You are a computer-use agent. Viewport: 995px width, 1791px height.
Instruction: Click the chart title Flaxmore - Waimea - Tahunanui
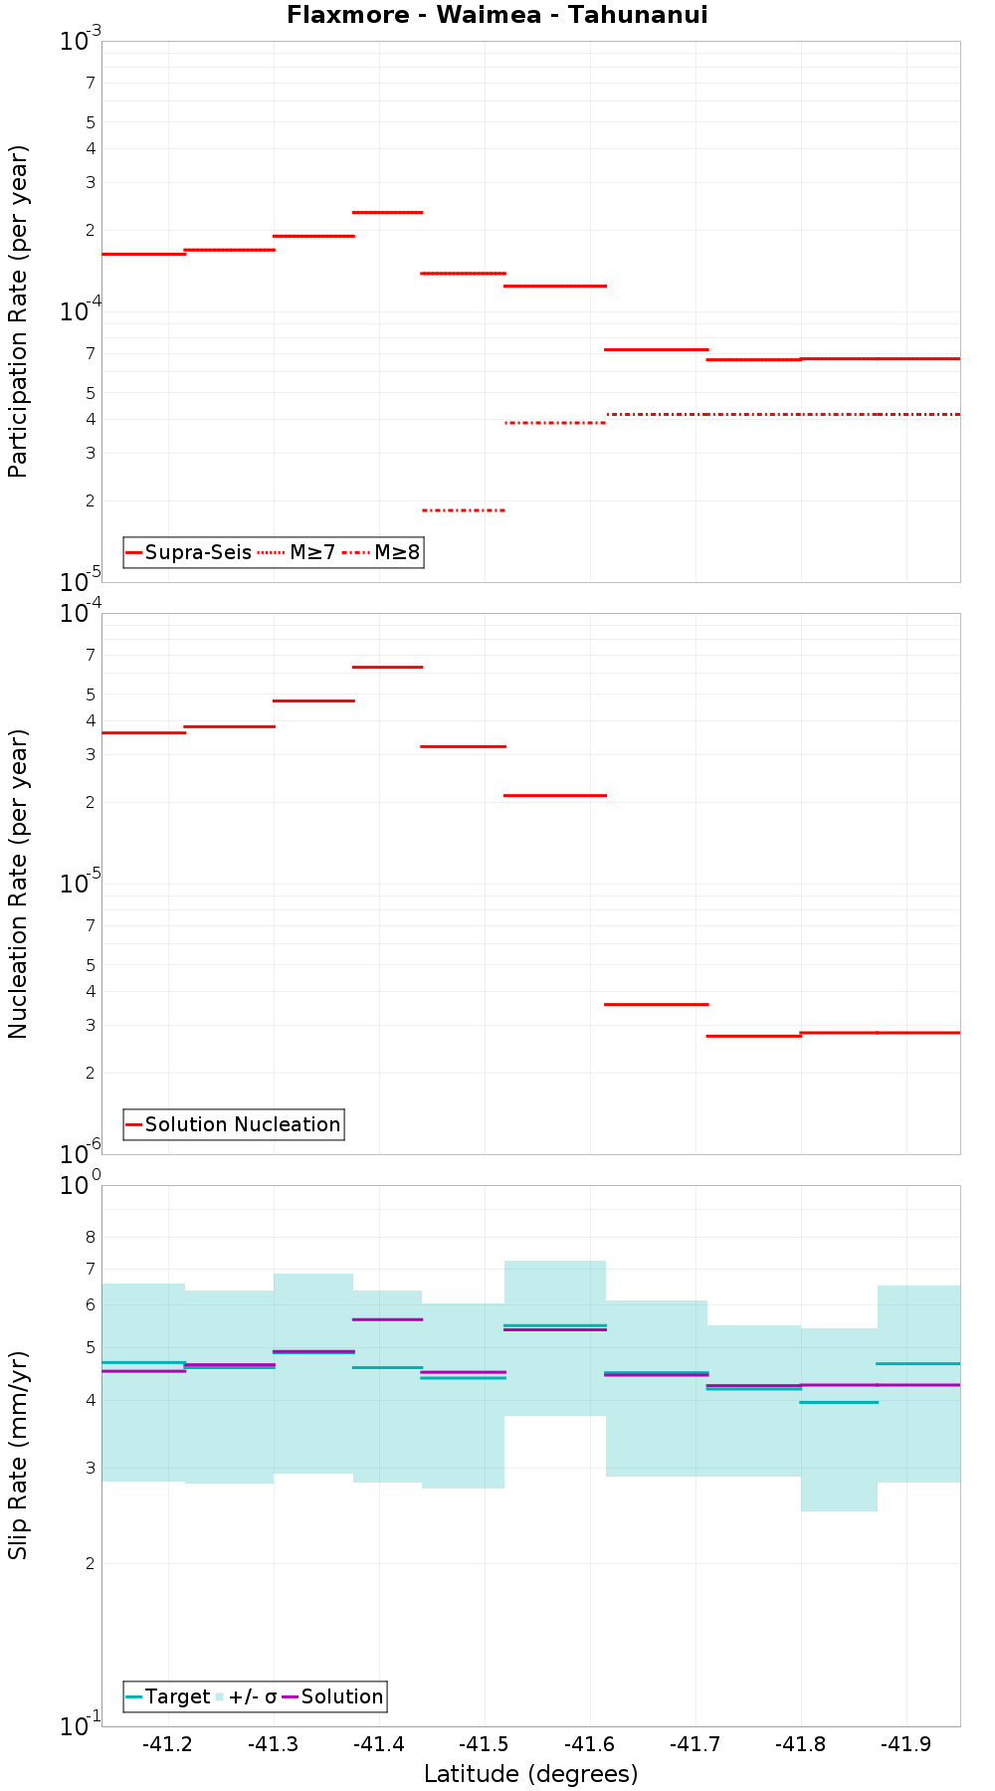[x=497, y=15]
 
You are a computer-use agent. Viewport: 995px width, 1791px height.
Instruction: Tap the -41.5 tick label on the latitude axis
[x=484, y=1744]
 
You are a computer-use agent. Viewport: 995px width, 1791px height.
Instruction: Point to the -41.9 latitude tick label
[x=905, y=1744]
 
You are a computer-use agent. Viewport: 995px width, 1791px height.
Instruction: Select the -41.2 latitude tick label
[x=167, y=1744]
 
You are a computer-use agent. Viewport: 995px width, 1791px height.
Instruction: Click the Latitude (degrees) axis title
[x=530, y=1774]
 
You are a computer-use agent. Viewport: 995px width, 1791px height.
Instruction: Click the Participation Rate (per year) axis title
[x=18, y=311]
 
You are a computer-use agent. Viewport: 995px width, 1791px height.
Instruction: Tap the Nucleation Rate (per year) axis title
[x=18, y=884]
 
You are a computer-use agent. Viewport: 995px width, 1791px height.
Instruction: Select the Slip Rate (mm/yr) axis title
[x=18, y=1455]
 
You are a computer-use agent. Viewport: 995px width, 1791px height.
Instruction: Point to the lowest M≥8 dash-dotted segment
[x=464, y=510]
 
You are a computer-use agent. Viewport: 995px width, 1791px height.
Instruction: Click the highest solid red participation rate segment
[x=388, y=212]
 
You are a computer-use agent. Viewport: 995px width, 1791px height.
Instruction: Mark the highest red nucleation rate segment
[x=388, y=667]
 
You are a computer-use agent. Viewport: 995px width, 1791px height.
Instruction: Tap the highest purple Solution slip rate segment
[x=388, y=1319]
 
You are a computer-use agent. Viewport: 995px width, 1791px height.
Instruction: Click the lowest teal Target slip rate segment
[x=839, y=1402]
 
